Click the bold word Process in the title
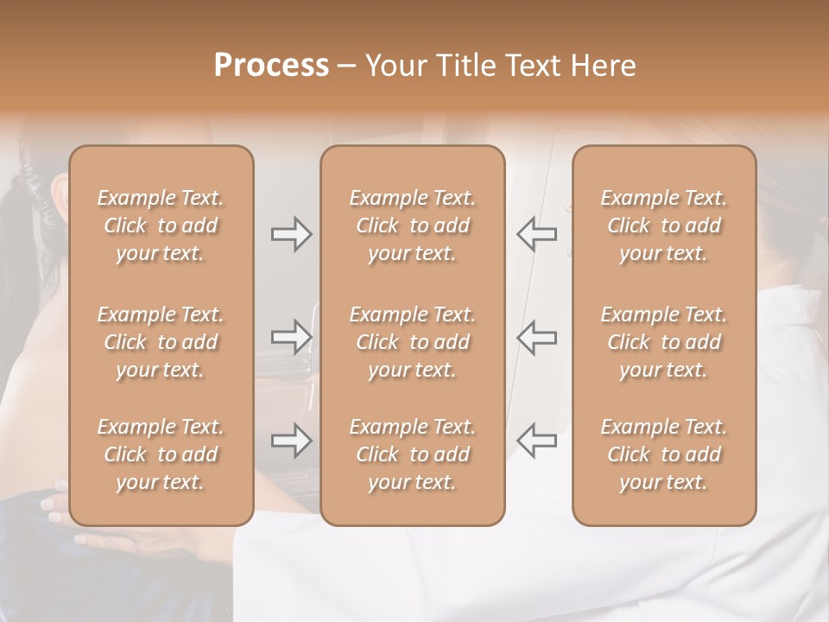(271, 66)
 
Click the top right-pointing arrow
(291, 234)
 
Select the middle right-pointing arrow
(291, 337)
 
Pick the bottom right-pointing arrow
(291, 441)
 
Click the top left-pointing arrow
(537, 234)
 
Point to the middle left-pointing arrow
(537, 337)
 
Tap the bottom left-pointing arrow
(537, 441)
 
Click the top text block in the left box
(161, 225)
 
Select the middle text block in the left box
(161, 342)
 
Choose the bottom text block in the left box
(161, 454)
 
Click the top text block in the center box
(413, 225)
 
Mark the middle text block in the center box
(413, 342)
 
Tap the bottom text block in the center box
(413, 454)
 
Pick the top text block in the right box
(664, 225)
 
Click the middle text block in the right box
(664, 342)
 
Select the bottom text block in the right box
(664, 454)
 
